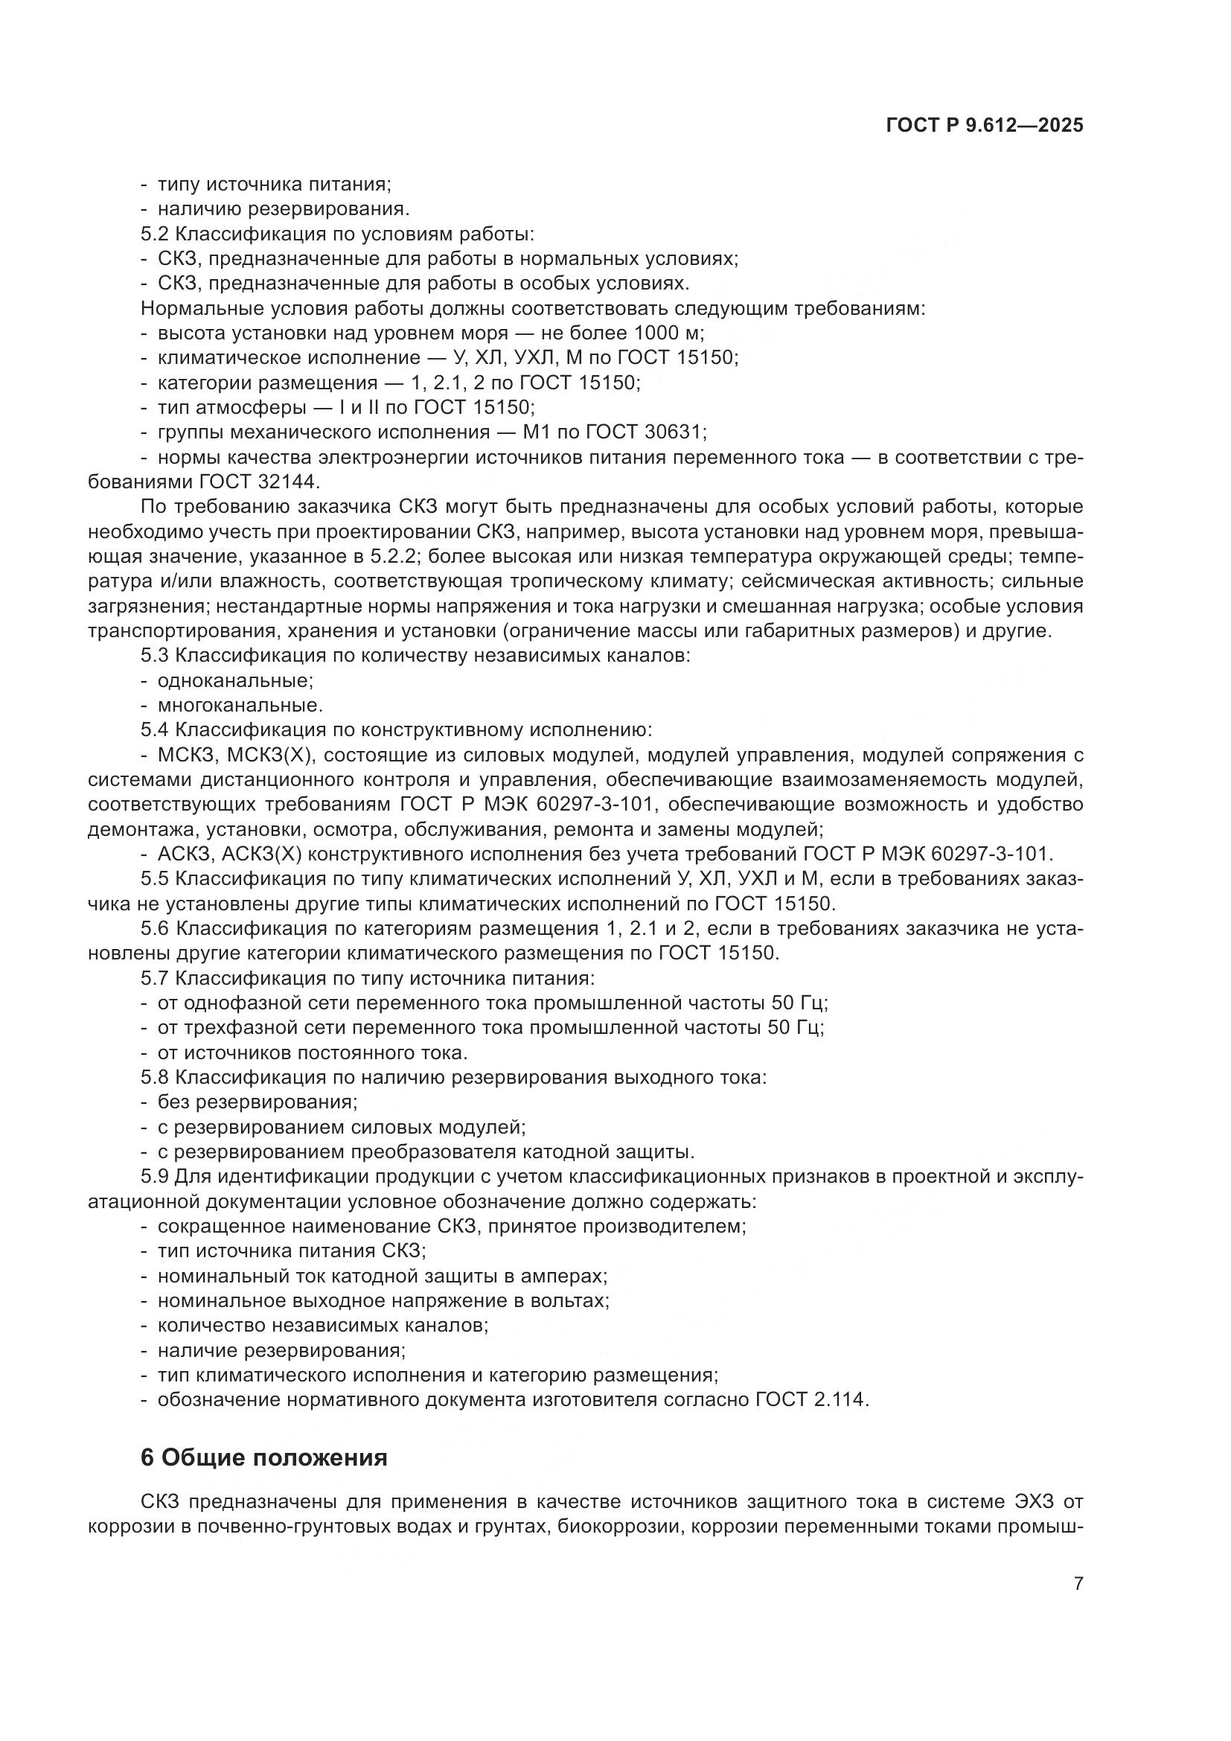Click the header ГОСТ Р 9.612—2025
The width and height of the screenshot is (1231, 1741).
(x=985, y=126)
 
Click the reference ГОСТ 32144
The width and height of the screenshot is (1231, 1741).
(x=260, y=482)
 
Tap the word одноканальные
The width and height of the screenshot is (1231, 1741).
(x=235, y=680)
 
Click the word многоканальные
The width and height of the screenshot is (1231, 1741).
(x=240, y=705)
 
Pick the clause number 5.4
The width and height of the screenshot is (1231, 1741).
(x=155, y=729)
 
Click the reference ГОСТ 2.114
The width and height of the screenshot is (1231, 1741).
(x=810, y=1399)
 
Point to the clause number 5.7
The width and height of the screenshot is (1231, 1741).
(x=155, y=977)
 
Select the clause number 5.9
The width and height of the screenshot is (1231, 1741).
(x=155, y=1176)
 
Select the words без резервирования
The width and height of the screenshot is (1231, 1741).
(x=257, y=1101)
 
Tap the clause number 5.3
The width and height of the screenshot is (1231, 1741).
(x=155, y=655)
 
